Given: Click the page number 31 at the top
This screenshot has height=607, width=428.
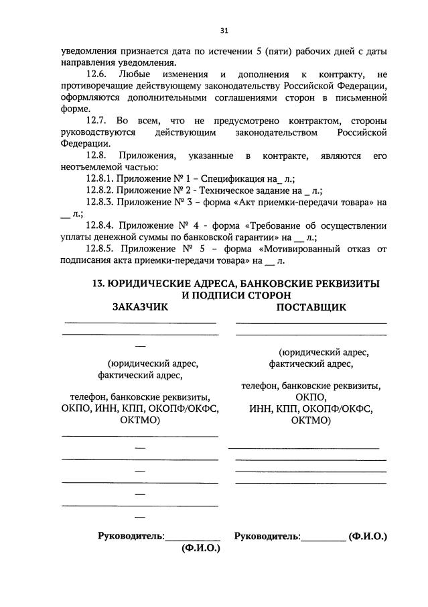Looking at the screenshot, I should [x=224, y=30].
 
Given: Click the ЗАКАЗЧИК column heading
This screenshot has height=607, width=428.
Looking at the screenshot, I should [x=140, y=307].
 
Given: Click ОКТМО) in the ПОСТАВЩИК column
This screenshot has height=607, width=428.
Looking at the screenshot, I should [x=311, y=421].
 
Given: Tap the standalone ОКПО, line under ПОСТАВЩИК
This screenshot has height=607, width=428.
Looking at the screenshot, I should [x=310, y=397].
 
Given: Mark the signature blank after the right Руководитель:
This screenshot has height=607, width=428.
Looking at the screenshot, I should [x=324, y=538].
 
